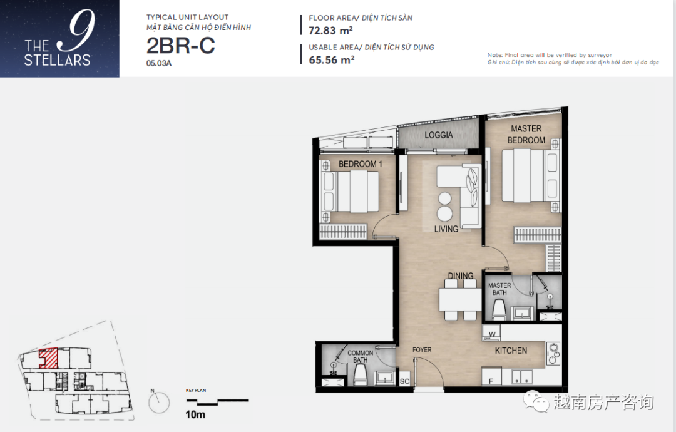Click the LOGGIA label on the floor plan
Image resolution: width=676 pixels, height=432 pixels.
coord(438,135)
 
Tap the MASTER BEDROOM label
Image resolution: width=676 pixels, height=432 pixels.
coord(526,135)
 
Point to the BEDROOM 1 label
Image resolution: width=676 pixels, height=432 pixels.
coord(360,164)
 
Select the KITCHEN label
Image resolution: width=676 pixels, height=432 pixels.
coord(511,351)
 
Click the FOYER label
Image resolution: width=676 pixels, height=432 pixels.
coord(422,349)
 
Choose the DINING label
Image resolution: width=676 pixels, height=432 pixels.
coord(461,275)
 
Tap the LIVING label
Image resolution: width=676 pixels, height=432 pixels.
coord(446,229)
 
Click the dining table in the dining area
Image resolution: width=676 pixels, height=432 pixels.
coord(460,299)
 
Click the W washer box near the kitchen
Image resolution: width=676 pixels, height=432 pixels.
coord(492,333)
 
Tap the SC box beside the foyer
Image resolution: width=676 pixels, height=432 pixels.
coord(404,381)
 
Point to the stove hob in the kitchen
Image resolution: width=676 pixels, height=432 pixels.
coord(553,353)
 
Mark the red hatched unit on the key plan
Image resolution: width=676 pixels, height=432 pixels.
coord(49,358)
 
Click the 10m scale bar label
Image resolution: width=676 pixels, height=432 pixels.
coord(195,414)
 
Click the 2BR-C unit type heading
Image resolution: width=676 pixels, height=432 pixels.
coord(181,46)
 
